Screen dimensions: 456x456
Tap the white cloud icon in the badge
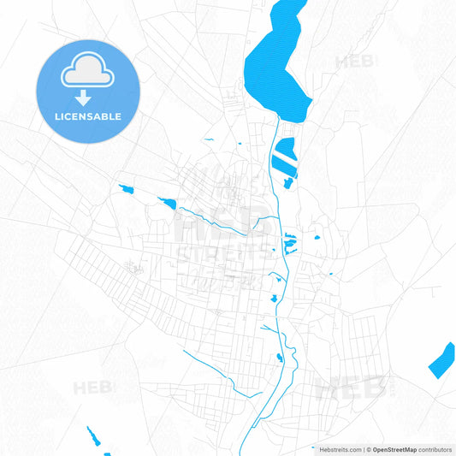[x=87, y=74]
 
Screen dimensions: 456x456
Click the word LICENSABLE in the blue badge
[x=87, y=116]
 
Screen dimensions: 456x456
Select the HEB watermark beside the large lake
[x=354, y=62]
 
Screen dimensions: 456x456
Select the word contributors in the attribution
[x=435, y=449]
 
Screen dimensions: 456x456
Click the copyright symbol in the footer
[x=368, y=449]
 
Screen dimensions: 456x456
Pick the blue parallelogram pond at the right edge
[x=441, y=359]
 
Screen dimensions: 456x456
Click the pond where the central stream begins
[x=167, y=203]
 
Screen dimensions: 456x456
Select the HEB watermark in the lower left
[x=92, y=388]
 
